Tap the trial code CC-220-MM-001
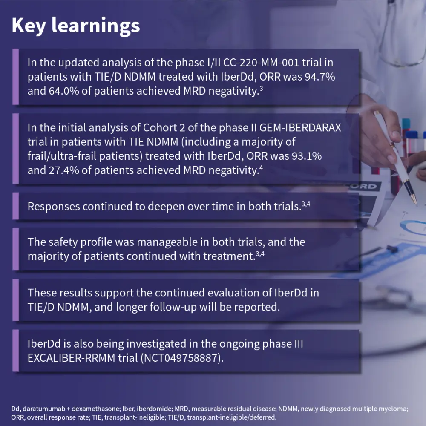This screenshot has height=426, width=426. click(261, 63)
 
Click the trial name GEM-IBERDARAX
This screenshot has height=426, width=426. click(300, 127)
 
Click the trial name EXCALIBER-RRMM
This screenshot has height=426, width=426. click(72, 358)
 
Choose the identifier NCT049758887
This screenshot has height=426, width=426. click(181, 358)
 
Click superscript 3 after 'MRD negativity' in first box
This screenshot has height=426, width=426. click(261, 88)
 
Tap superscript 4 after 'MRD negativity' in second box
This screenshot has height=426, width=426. click(261, 167)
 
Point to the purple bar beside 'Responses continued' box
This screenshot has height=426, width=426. click(15, 206)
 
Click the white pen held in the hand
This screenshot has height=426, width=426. click(396, 158)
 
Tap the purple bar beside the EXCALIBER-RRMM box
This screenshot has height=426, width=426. click(15, 351)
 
